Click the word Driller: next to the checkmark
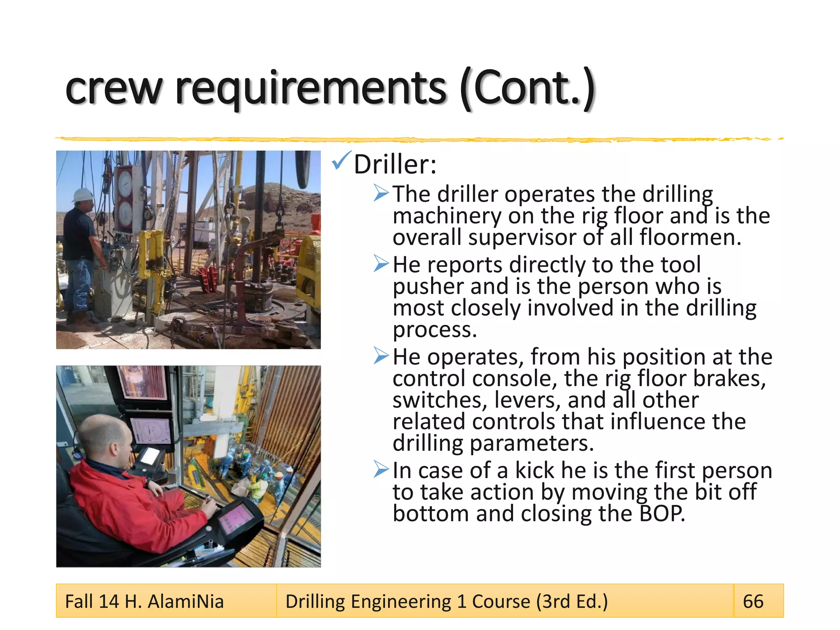tap(395, 164)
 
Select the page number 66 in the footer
tap(753, 601)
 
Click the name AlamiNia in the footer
tap(185, 601)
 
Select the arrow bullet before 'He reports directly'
tap(381, 264)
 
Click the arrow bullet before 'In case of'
tap(381, 469)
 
